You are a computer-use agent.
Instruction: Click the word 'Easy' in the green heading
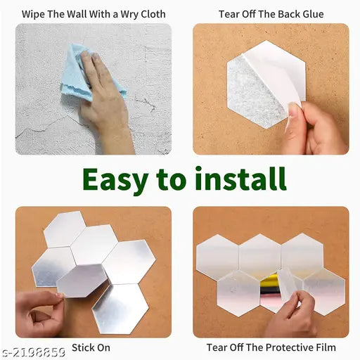116,179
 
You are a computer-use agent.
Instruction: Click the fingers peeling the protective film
292,309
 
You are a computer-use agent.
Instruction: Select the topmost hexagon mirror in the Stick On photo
64,229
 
